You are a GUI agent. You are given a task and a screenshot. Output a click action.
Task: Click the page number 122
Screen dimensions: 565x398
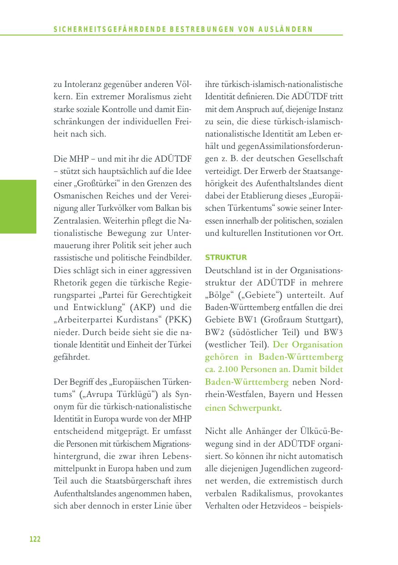pyautogui.click(x=35, y=540)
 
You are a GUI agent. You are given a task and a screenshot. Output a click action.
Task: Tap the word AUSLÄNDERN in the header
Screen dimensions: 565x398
pyautogui.click(x=290, y=30)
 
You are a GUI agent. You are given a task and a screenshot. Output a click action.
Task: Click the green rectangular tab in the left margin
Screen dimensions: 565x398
pyautogui.click(x=18, y=206)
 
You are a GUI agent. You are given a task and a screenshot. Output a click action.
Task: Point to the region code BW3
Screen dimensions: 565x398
pyautogui.click(x=333, y=331)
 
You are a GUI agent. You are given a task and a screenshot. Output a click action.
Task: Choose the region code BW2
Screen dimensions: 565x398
pyautogui.click(x=216, y=331)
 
